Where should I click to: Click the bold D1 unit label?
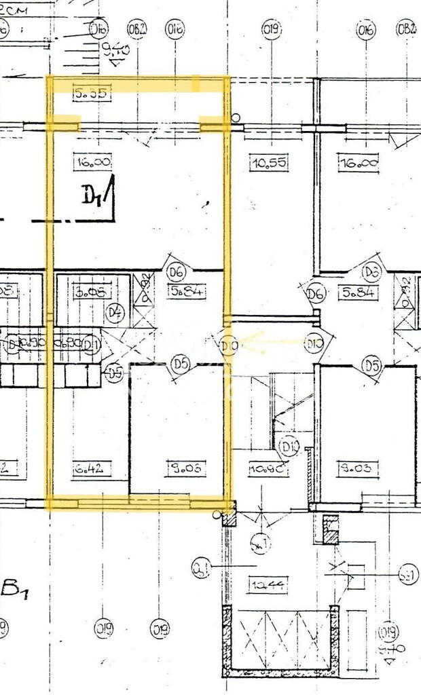pos(94,196)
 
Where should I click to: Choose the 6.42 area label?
pos(88,468)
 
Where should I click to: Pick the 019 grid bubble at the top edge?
pos(272,29)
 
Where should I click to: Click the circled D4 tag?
pos(115,313)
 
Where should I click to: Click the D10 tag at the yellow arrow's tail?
pos(314,343)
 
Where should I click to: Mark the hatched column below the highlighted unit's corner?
pos(229,517)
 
